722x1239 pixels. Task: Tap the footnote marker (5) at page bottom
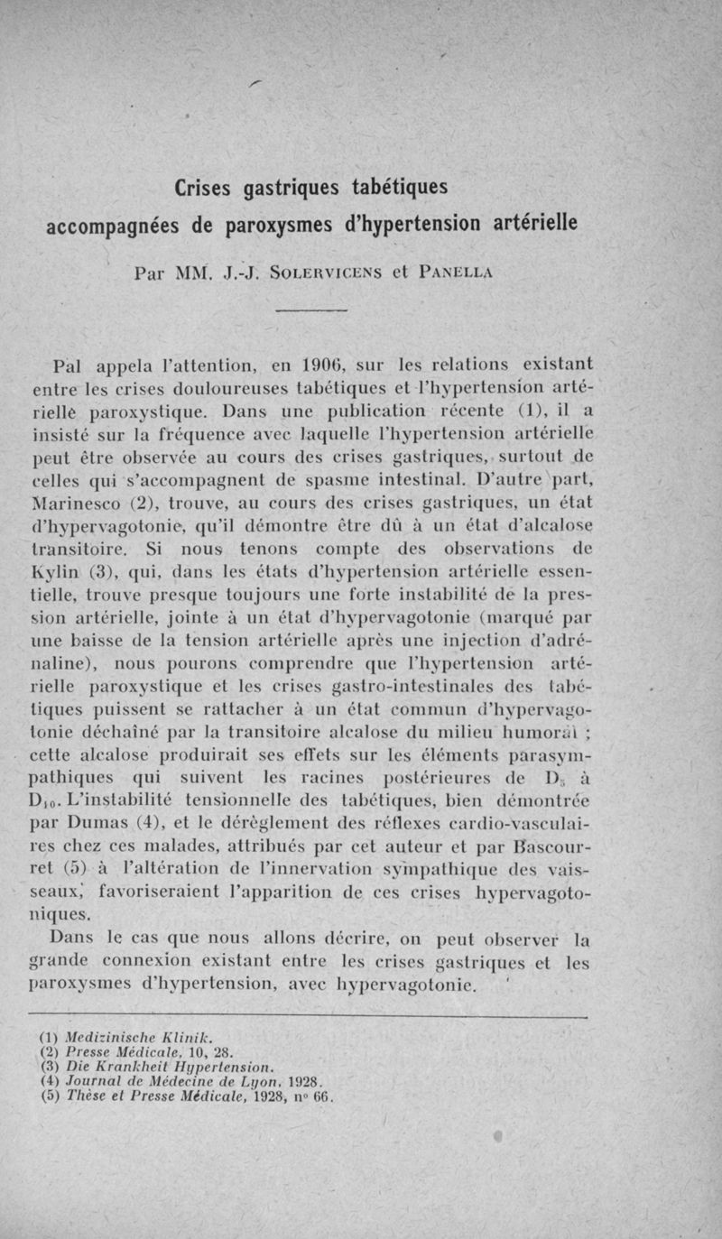tap(53, 1097)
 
